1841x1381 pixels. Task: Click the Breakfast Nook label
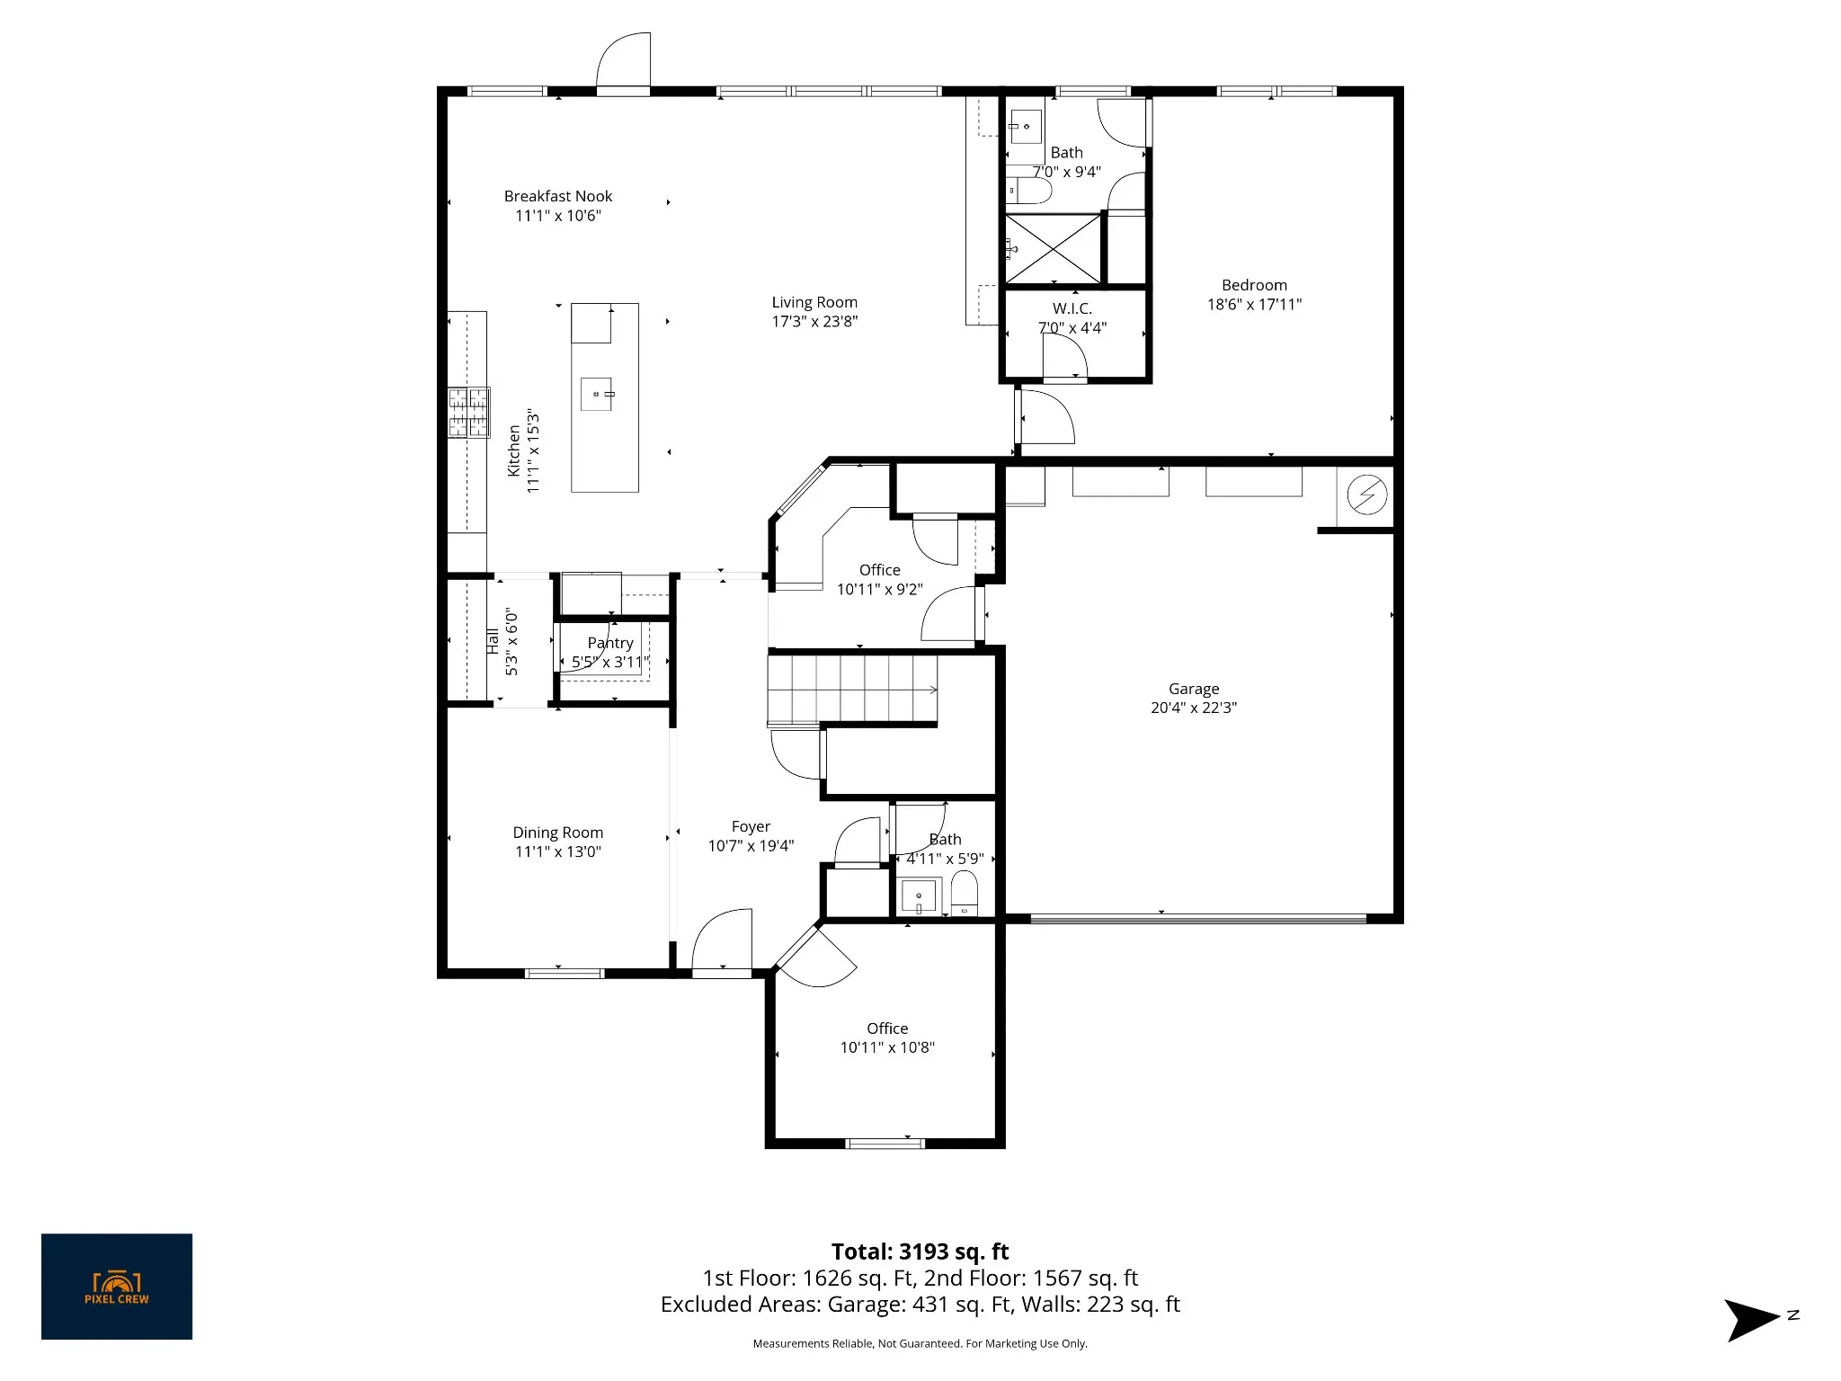click(x=558, y=196)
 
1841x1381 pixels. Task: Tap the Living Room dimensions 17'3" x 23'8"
click(x=814, y=322)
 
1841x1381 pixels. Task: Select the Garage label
click(x=1194, y=689)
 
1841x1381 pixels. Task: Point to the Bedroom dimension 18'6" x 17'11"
click(x=1254, y=305)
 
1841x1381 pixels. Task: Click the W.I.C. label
click(x=1072, y=308)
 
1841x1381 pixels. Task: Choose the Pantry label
click(x=610, y=643)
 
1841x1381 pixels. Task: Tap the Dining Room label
click(x=558, y=833)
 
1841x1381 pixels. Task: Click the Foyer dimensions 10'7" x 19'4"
click(x=751, y=846)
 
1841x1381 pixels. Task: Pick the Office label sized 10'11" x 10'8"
click(x=887, y=1029)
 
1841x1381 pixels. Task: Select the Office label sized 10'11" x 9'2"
click(x=879, y=570)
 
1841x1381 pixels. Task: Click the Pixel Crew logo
click(x=117, y=1287)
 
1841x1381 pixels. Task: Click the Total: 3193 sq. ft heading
click(x=920, y=1252)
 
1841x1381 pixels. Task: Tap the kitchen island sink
click(x=597, y=394)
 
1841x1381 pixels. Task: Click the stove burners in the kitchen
click(x=469, y=413)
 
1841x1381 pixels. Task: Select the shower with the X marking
click(x=1053, y=248)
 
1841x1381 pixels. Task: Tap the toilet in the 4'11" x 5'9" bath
click(x=965, y=893)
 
